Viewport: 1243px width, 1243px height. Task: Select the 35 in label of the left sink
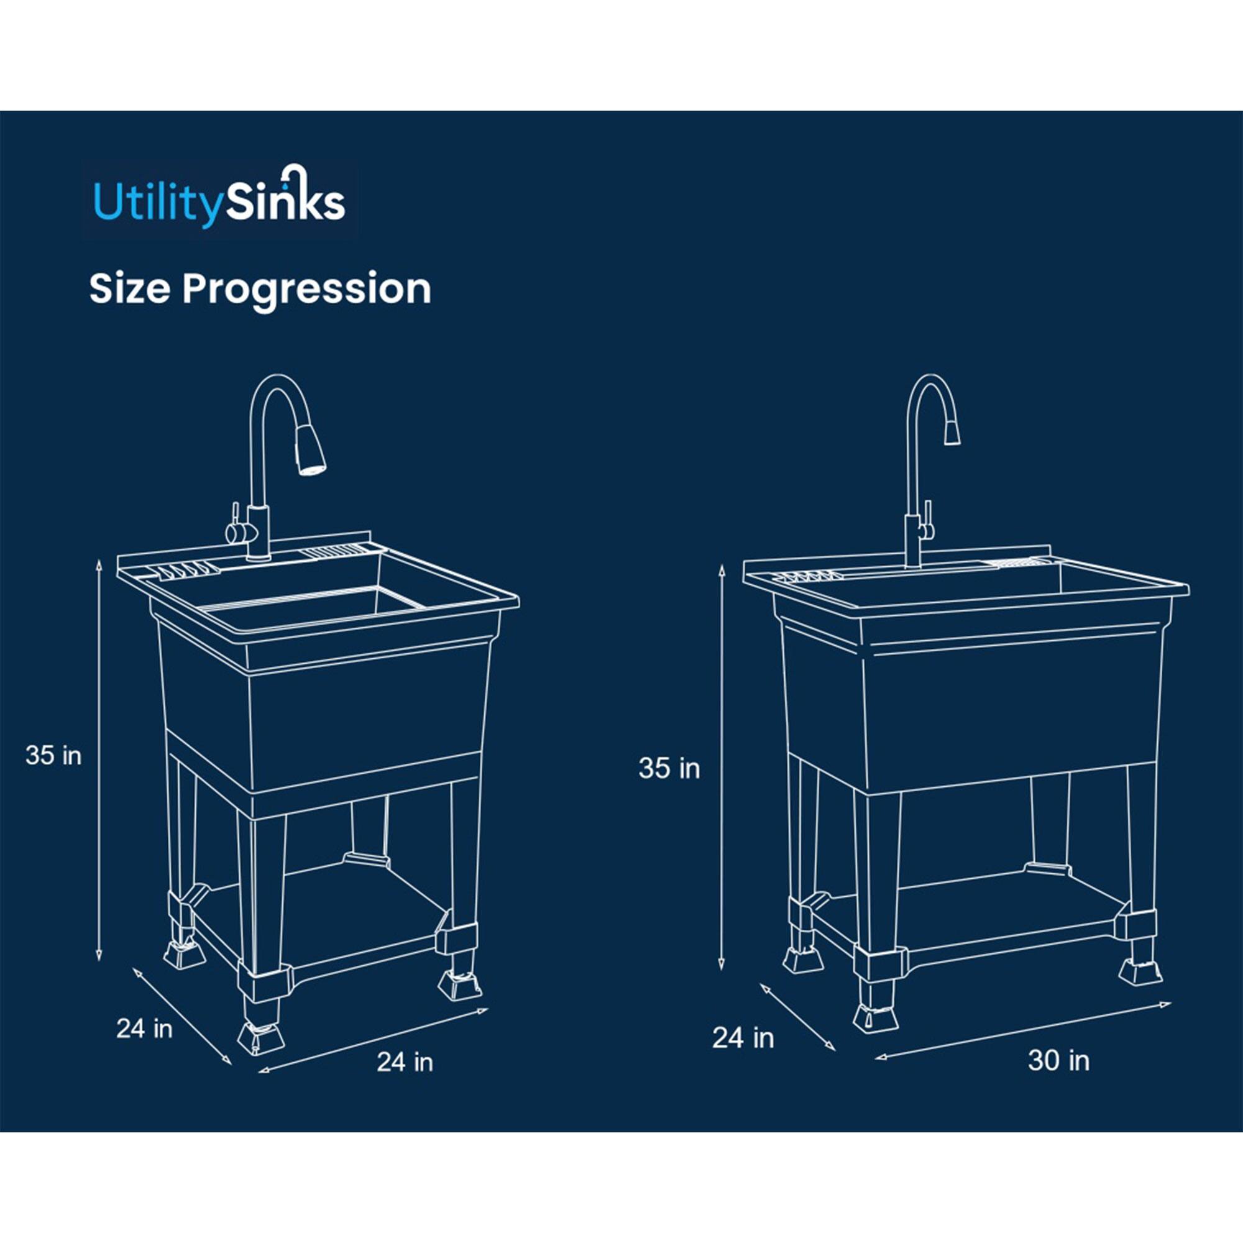coord(53,755)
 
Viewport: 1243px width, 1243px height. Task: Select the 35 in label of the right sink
coord(669,768)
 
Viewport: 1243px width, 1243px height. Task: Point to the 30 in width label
coord(1058,1060)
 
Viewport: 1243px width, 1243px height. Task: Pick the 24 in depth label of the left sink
coord(144,1028)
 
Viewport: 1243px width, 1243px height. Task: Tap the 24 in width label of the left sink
coord(405,1062)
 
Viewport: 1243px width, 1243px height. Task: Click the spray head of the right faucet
coord(952,431)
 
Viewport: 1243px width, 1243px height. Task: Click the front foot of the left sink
coord(260,1034)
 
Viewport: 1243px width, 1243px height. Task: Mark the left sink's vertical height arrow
coord(98,759)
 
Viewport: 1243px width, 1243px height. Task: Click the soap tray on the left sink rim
coord(185,569)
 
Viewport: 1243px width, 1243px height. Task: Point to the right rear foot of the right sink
coord(1140,969)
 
